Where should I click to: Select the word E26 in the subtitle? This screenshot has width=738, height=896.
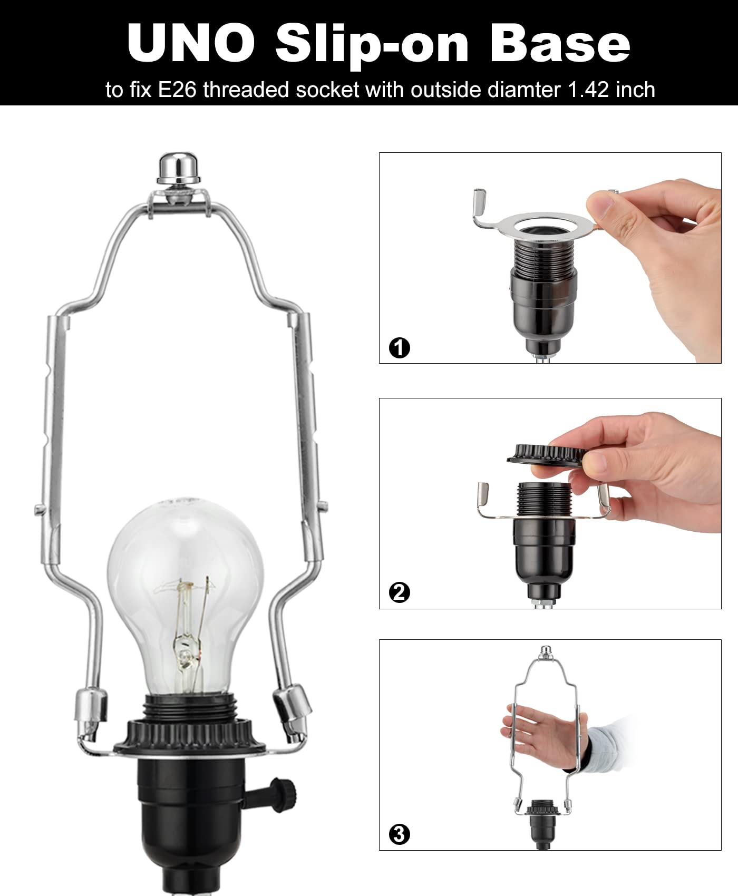179,90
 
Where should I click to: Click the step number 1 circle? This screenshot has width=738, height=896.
399,348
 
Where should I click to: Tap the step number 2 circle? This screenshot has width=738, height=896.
399,593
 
